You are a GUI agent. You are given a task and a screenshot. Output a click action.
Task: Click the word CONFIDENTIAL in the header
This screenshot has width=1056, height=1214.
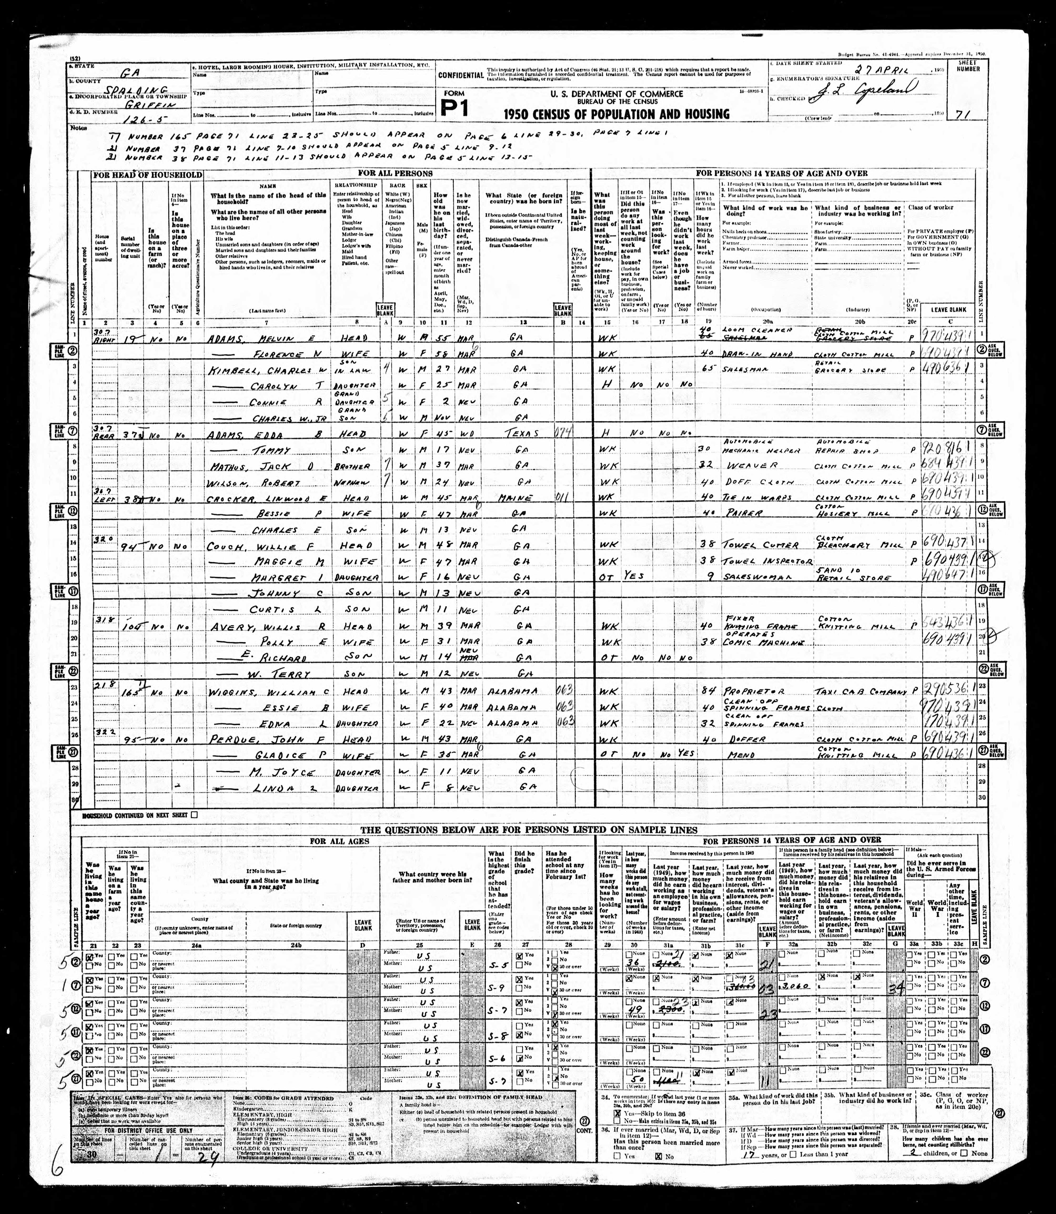click(x=460, y=75)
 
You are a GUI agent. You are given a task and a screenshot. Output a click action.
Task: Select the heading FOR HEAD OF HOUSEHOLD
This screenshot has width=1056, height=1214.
click(x=146, y=175)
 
